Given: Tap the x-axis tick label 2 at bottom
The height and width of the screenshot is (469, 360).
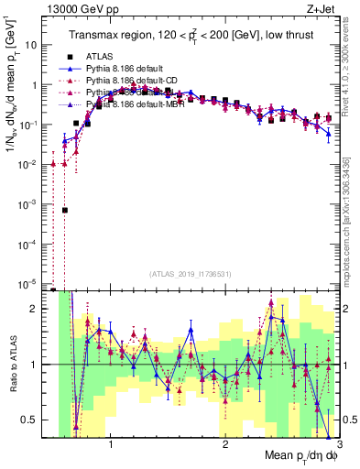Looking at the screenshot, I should pyautogui.click(x=225, y=445).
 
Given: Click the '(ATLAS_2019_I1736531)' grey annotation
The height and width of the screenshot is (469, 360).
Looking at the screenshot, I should pyautogui.click(x=190, y=274).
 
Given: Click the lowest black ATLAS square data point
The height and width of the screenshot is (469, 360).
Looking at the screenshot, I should pyautogui.click(x=65, y=210).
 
